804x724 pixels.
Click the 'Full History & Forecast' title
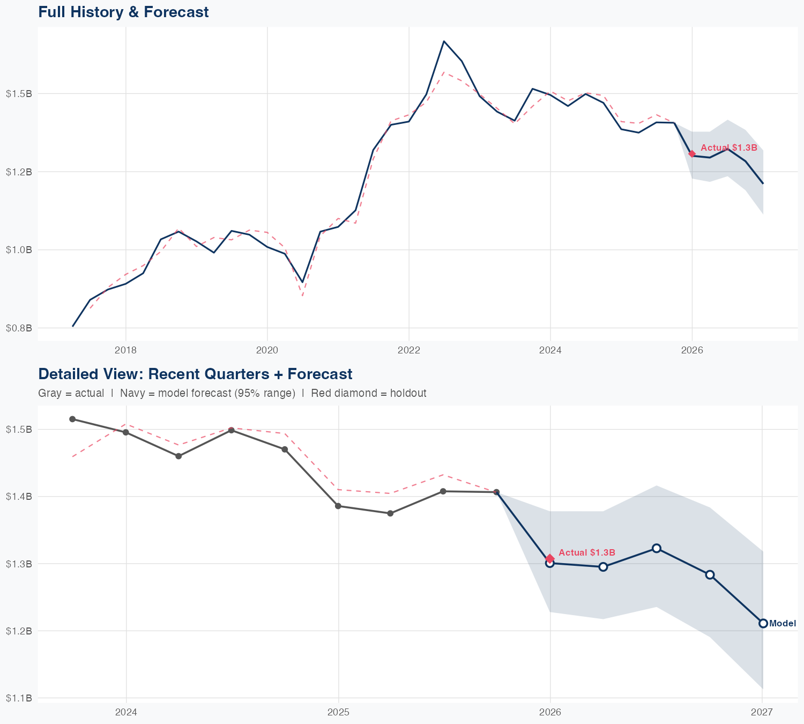point(123,12)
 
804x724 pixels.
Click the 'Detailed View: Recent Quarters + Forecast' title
point(195,374)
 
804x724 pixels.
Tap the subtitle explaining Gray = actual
point(232,393)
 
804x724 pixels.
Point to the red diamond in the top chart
point(691,154)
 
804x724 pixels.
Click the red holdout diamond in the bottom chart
point(550,558)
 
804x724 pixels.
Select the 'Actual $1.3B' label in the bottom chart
point(586,552)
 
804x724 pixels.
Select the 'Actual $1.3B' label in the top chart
point(728,148)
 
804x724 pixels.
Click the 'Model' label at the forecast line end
point(782,624)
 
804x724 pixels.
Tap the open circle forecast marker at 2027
point(763,623)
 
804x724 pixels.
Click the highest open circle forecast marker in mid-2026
point(656,548)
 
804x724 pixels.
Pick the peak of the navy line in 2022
point(444,41)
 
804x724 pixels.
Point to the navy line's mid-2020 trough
point(302,282)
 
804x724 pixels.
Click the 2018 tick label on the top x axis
point(125,350)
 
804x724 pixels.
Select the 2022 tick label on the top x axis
point(408,350)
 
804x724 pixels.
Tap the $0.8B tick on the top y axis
point(19,328)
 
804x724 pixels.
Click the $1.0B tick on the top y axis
point(19,249)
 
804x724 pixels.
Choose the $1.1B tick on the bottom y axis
point(19,698)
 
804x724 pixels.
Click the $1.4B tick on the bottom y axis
point(19,497)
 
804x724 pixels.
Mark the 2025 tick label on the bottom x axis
point(338,712)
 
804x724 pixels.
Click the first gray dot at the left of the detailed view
point(72,419)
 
